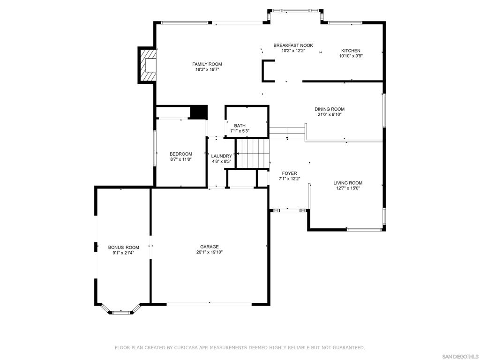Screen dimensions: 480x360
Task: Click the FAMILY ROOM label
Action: [x=207, y=64]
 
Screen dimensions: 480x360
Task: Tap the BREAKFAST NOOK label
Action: [x=293, y=45]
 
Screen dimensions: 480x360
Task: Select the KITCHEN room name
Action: [x=351, y=51]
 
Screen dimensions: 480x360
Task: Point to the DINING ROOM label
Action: [x=330, y=109]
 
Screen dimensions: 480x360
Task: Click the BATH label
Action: [x=240, y=126]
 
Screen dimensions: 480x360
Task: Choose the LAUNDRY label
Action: [x=221, y=156]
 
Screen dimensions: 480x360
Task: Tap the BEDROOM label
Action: [x=181, y=154]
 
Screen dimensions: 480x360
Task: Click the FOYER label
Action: [x=289, y=173]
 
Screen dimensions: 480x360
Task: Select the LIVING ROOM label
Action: [x=348, y=183]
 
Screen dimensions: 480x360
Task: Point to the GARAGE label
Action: [x=210, y=247]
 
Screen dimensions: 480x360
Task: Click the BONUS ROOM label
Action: [x=123, y=247]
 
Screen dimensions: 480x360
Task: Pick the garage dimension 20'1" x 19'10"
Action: [x=210, y=252]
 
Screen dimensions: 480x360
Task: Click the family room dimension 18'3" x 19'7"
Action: [x=207, y=69]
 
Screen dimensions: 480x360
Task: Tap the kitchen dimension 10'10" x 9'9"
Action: [x=351, y=56]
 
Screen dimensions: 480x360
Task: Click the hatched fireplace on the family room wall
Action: [x=147, y=65]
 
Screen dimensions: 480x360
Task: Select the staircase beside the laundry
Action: [x=253, y=154]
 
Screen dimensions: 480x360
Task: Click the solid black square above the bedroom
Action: [x=199, y=112]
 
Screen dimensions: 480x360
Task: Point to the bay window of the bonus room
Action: [x=121, y=310]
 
